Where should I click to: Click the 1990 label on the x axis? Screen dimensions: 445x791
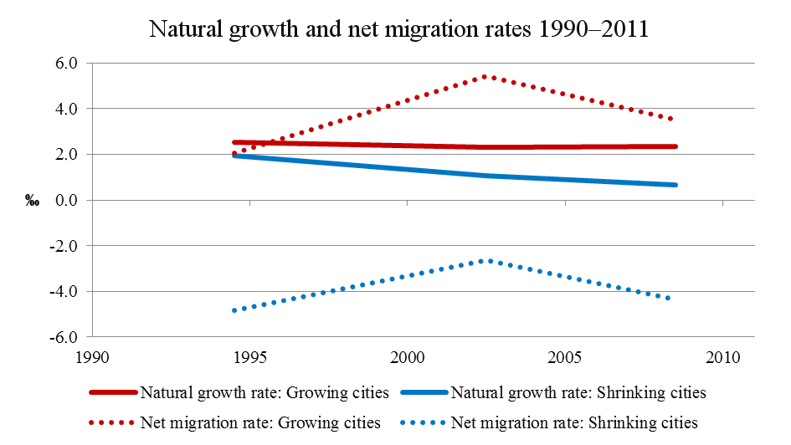92,357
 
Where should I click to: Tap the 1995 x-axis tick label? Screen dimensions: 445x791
250,357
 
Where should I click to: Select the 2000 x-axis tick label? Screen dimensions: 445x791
408,357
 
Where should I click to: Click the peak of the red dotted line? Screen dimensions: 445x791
485,77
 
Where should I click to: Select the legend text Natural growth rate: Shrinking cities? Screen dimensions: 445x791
578,392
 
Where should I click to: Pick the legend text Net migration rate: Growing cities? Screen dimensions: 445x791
260,422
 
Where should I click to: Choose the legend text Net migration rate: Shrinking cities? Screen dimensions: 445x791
574,422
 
